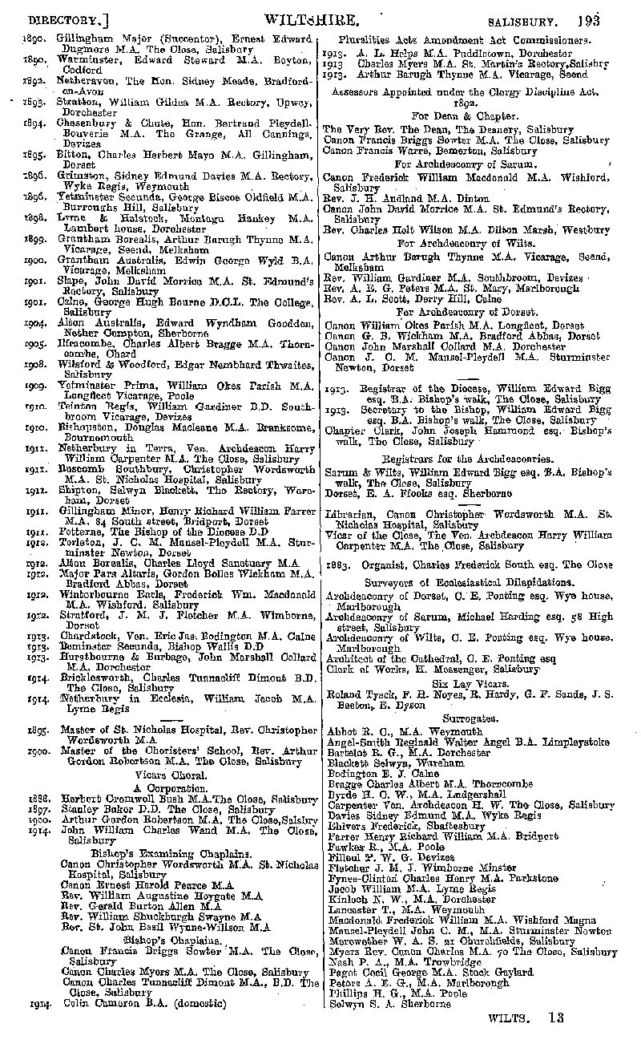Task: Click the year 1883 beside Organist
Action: coord(336,564)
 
